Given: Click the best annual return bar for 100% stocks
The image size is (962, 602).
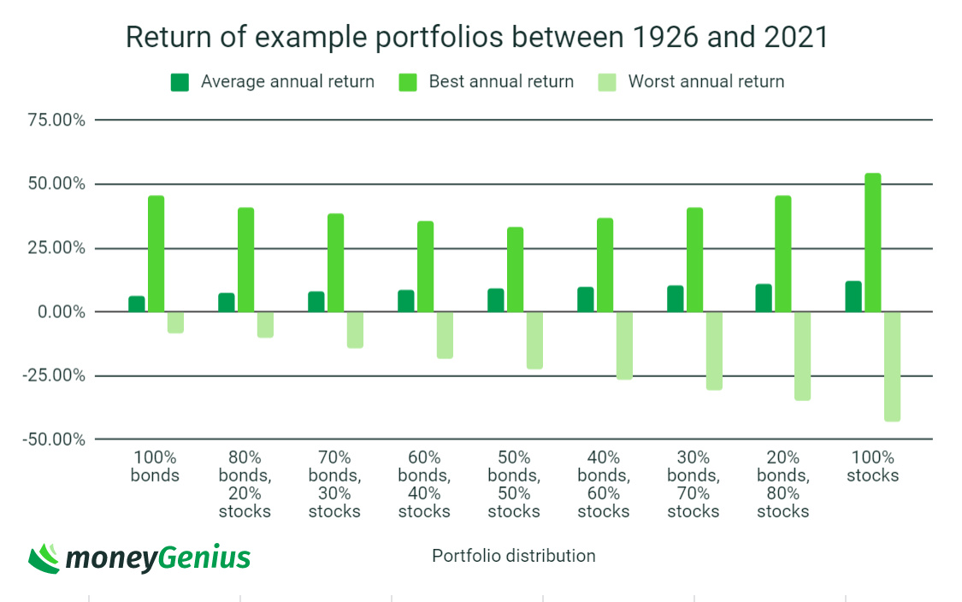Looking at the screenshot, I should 872,243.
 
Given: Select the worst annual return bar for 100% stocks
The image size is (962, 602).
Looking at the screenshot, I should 892,366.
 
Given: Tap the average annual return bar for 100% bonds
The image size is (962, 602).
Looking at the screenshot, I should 137,304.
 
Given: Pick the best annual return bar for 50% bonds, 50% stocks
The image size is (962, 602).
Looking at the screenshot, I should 515,269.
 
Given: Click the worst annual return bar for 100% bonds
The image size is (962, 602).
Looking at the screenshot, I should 175,322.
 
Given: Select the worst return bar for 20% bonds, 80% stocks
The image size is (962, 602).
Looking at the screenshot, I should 802,356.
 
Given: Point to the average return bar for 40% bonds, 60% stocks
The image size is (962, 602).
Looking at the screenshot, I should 585,299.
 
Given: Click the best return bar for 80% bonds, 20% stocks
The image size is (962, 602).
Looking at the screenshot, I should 245,260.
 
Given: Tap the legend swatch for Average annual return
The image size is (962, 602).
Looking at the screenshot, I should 180,82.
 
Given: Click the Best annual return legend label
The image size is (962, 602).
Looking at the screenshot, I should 501,82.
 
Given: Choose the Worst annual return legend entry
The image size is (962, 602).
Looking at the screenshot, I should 705,82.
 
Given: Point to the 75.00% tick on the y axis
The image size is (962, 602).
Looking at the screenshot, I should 55,121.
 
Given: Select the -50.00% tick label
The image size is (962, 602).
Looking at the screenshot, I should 55,440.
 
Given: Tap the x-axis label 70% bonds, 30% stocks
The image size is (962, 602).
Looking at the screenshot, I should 334,484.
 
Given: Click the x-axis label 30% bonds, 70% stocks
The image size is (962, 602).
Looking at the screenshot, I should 693,484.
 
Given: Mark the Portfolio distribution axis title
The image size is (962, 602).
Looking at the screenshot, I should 513,556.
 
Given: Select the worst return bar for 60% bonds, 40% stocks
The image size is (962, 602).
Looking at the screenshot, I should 444,335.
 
